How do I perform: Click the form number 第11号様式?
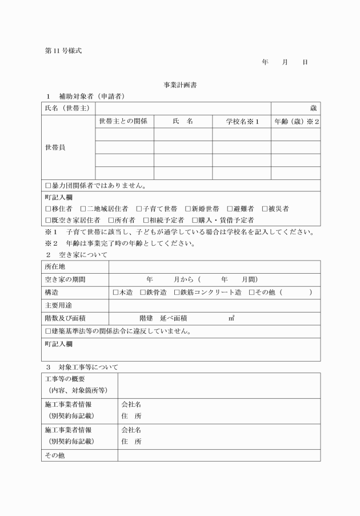point(63,51)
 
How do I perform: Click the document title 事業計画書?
point(181,85)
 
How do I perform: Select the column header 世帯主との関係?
point(123,121)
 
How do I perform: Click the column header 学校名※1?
point(241,121)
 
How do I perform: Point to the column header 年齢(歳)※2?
point(295,121)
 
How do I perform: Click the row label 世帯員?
point(55,147)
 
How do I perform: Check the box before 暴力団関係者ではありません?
point(48,186)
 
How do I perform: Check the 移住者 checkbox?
point(48,209)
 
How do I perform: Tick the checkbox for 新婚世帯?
point(188,209)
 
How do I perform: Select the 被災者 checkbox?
point(265,209)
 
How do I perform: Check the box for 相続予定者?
point(146,220)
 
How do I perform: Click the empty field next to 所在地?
point(214,267)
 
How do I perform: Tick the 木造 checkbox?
point(115,293)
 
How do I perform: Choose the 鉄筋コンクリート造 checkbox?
point(176,293)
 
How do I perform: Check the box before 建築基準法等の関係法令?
point(48,331)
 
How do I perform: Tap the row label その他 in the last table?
point(55,455)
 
